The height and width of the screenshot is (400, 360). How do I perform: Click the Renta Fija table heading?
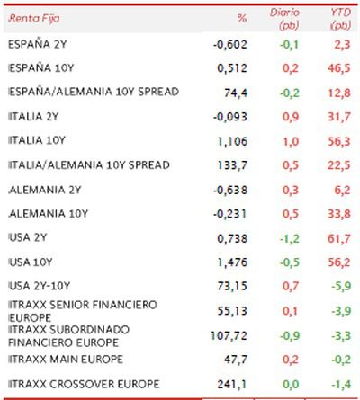coord(34,19)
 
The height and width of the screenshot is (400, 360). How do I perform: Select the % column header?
coord(242,19)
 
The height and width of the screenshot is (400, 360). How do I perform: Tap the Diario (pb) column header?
coord(284,19)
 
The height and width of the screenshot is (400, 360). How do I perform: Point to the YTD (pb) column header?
coord(340,19)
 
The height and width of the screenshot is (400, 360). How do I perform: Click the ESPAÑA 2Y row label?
coord(37,44)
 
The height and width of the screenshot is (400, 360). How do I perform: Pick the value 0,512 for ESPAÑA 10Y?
coord(232,68)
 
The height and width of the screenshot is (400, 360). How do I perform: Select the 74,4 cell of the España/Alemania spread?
coord(236,93)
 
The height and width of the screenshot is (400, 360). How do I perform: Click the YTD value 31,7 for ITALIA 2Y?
coord(339,117)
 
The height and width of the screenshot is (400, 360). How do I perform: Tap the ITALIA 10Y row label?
coord(37,140)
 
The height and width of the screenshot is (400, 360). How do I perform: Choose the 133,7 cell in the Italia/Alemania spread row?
coord(232,165)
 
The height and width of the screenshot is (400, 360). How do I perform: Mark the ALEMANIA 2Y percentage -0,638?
coord(230,190)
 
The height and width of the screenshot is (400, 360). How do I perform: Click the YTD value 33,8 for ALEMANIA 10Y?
coord(339,214)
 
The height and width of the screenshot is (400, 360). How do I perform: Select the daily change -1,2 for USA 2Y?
coord(290,238)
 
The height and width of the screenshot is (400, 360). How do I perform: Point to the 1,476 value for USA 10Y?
coord(232,262)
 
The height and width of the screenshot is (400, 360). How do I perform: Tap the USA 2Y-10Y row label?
coord(40,286)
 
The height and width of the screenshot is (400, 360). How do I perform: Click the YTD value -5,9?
coord(341,286)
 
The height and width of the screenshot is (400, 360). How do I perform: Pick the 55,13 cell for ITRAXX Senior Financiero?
coord(232,311)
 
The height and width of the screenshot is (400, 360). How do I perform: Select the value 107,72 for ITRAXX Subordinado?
coord(229,335)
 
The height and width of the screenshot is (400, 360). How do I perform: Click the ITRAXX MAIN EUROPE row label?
coord(66,360)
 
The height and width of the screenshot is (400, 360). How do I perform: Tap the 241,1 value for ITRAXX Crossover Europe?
coord(232,384)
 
